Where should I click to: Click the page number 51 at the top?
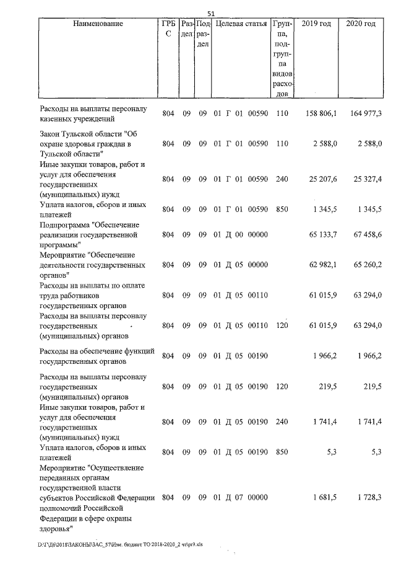[210, 14]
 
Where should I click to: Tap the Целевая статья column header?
[241, 24]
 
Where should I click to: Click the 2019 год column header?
[316, 24]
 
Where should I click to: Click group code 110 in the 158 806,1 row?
[282, 114]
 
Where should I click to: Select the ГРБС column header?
[168, 29]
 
